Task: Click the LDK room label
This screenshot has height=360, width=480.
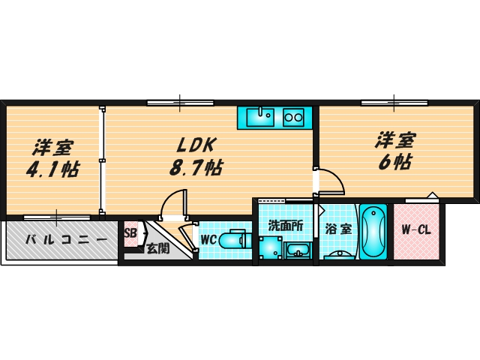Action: pyautogui.click(x=197, y=144)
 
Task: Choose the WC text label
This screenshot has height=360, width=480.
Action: pyautogui.click(x=208, y=241)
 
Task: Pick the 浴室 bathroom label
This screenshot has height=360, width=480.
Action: pyautogui.click(x=338, y=229)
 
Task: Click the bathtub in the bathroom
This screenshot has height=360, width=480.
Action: pyautogui.click(x=372, y=232)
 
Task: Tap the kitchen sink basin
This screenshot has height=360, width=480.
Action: pyautogui.click(x=260, y=116)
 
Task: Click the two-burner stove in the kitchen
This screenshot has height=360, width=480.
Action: pyautogui.click(x=294, y=117)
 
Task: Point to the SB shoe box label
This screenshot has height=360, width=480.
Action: pyautogui.click(x=129, y=232)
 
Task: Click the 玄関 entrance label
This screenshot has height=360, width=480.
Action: pyautogui.click(x=157, y=247)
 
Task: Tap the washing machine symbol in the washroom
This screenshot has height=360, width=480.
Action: pyautogui.click(x=269, y=247)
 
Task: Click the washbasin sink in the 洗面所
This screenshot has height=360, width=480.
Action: pyautogui.click(x=299, y=249)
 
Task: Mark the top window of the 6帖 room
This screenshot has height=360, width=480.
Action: pyautogui.click(x=394, y=103)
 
